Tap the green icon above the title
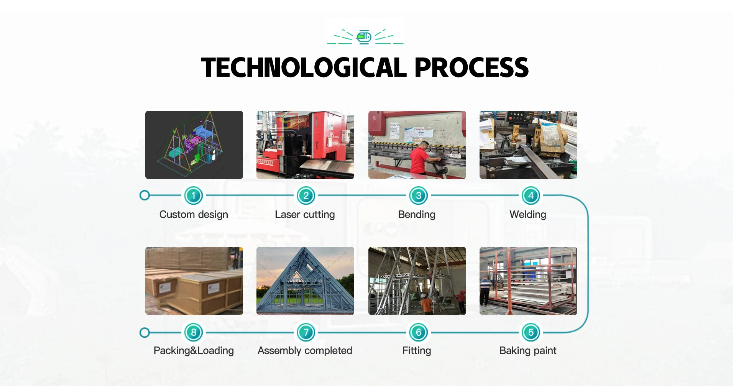coord(364,37)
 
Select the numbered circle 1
coord(194,195)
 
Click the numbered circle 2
coord(306,195)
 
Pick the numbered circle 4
coord(531,195)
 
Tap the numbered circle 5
coord(531,332)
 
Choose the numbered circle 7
coord(306,332)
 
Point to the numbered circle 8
coord(194,332)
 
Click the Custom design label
coord(194,215)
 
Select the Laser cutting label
coord(305,215)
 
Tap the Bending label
coord(417,215)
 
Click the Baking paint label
coord(528,351)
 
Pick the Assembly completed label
coord(305,351)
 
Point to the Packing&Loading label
coord(194,351)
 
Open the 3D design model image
coord(194,145)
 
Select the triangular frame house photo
coord(305,281)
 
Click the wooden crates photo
coord(194,281)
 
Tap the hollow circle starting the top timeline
coord(145,195)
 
